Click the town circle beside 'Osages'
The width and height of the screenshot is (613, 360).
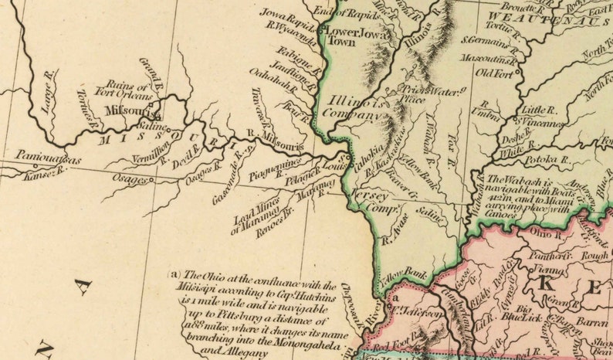click(151, 180)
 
